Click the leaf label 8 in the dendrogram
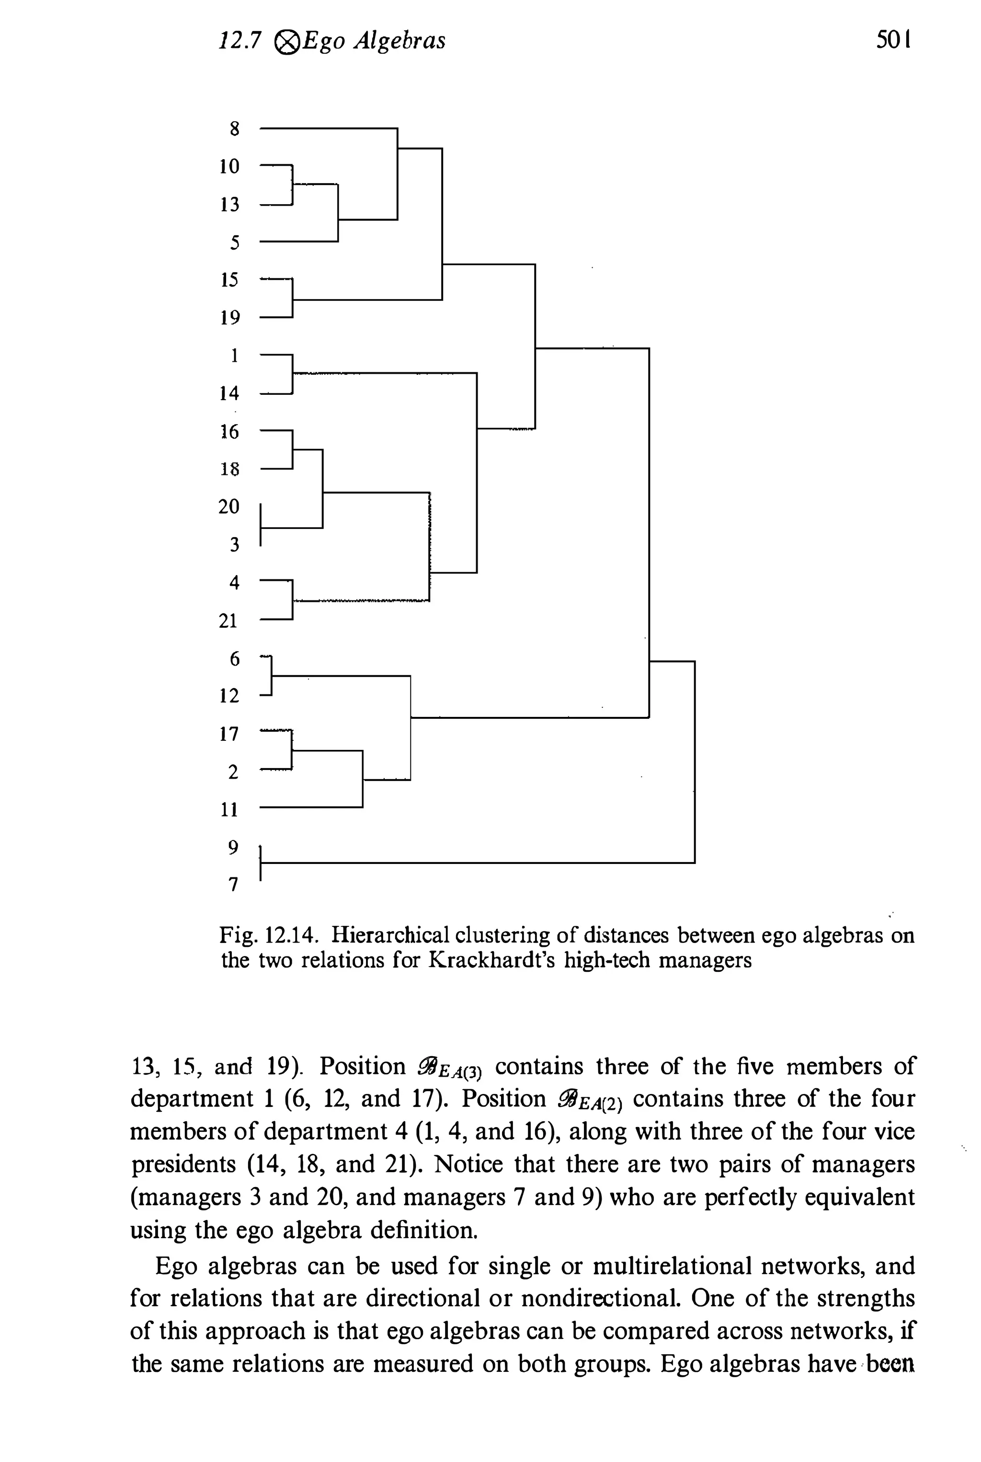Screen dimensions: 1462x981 point(235,129)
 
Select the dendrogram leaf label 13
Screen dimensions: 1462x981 point(229,205)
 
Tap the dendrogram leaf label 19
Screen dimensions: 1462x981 point(229,318)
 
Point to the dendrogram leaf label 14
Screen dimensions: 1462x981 point(229,394)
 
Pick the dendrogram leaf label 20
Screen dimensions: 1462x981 point(229,507)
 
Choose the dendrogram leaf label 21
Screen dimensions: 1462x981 point(229,621)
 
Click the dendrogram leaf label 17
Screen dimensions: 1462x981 point(229,734)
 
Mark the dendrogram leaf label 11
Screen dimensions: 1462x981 point(229,810)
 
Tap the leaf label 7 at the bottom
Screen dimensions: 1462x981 point(233,885)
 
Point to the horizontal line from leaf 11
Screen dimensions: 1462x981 point(310,807)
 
